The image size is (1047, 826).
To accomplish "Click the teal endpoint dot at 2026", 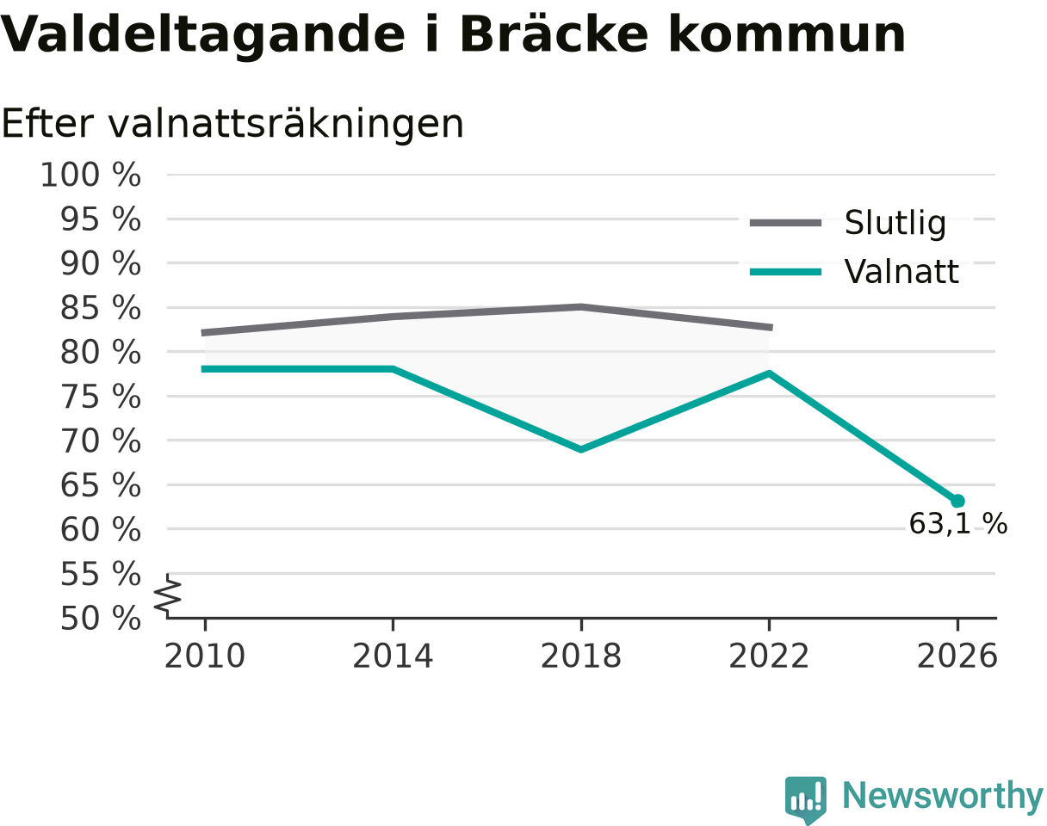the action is pos(957,501).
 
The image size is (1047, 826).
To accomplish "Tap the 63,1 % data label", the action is pos(957,524).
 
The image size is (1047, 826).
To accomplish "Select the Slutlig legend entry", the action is pos(847,223).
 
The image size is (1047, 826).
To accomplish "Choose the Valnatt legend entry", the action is pos(854,272).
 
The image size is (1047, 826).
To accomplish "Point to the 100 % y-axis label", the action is pos(90,175).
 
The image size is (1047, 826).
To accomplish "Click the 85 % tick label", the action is pos(100,308).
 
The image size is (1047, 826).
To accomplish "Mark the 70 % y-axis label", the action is pos(100,441).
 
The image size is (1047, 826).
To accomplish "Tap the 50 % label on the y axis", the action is pos(100,619).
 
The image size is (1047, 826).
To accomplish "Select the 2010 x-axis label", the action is pos(205,656).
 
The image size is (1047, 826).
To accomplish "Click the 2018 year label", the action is pos(581,656).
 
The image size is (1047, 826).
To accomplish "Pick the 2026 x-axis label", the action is pos(957,656).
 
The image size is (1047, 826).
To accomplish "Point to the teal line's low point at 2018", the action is pos(581,449).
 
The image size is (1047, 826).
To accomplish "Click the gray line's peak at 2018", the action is pos(581,307).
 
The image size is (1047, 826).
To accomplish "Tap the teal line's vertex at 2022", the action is pos(769,373).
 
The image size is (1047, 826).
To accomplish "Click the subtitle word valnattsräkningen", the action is pos(286,125).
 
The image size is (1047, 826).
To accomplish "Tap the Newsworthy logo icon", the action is pos(806,796).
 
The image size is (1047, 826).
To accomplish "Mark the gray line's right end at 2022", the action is pos(772,328).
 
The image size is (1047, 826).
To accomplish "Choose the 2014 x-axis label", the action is pos(393,656).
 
